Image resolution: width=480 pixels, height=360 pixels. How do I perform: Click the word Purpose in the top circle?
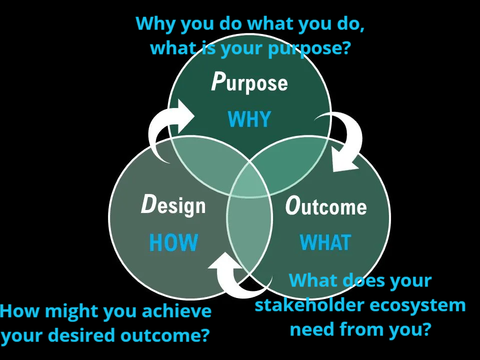tap(249, 82)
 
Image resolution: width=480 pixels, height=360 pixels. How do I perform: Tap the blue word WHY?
tap(249, 119)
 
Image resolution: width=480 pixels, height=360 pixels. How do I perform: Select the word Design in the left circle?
tap(173, 205)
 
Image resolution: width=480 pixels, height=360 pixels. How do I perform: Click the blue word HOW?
tap(173, 242)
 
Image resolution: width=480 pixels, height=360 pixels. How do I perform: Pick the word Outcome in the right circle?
tap(325, 205)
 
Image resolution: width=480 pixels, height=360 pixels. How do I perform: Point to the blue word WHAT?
tap(325, 242)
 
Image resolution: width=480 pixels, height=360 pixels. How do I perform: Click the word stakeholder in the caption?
tap(309, 305)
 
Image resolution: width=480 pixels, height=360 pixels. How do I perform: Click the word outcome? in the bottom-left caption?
tap(164, 335)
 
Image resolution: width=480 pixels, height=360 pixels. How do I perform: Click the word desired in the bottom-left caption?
tap(82, 335)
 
